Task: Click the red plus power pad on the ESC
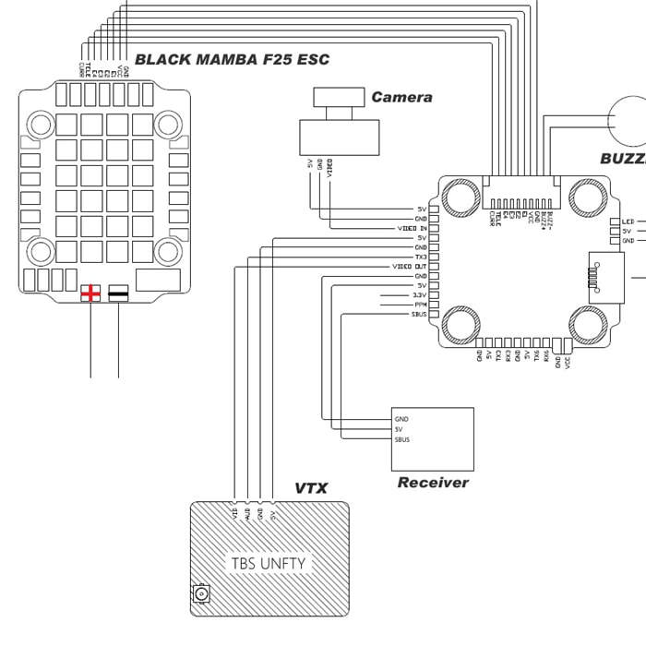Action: pyautogui.click(x=90, y=293)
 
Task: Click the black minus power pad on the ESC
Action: pyautogui.click(x=119, y=293)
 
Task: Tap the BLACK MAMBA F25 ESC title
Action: pyautogui.click(x=232, y=60)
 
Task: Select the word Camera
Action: pyautogui.click(x=401, y=97)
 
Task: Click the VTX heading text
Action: pyautogui.click(x=311, y=488)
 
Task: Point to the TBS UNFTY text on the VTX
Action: pyautogui.click(x=268, y=562)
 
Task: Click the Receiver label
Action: pyautogui.click(x=433, y=483)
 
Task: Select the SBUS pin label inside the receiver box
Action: pyautogui.click(x=401, y=439)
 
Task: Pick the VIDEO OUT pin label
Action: pyautogui.click(x=410, y=266)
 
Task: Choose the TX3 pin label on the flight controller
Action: pyautogui.click(x=421, y=257)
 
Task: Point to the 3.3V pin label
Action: pyautogui.click(x=420, y=294)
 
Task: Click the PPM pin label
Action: pyautogui.click(x=421, y=304)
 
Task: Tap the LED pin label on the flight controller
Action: pyautogui.click(x=628, y=221)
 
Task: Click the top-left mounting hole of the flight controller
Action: pyautogui.click(x=459, y=196)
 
